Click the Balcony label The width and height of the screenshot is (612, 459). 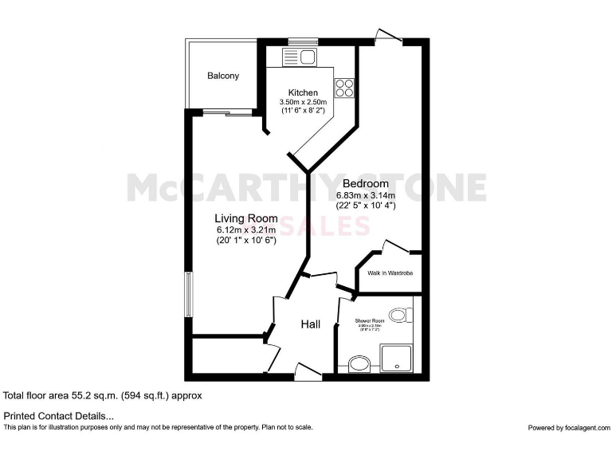tap(223, 76)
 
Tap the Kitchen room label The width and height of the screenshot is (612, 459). tap(303, 92)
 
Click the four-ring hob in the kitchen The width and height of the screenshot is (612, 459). tap(344, 88)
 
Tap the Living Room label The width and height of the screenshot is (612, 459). tap(246, 218)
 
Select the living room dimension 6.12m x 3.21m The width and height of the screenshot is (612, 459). tap(246, 230)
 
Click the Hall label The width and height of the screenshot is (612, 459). tap(311, 324)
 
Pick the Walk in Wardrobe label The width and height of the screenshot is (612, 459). tap(390, 273)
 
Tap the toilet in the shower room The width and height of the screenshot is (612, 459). tap(400, 315)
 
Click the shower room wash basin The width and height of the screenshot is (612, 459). tap(359, 366)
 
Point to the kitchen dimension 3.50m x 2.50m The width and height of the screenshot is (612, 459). tap(303, 103)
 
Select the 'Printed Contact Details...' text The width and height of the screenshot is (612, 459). tap(59, 416)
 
